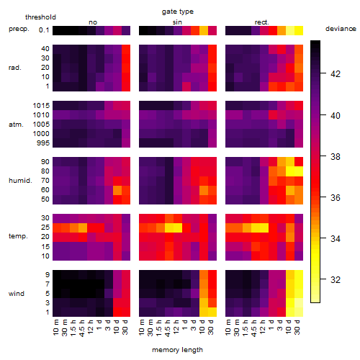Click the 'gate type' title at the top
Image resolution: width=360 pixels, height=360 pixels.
178,12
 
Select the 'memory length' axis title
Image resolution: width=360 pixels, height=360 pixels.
177,350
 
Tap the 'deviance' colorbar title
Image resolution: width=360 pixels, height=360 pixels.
341,29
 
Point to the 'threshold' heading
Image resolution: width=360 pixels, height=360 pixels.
40,17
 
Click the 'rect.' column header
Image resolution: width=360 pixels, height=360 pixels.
261,22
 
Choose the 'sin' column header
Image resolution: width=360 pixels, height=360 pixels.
177,22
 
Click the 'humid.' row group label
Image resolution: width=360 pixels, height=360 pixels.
20,181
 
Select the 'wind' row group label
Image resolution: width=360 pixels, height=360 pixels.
17,294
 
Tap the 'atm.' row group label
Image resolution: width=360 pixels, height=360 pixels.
16,125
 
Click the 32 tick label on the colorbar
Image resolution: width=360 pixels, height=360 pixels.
336,279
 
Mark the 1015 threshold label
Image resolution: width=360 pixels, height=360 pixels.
41,106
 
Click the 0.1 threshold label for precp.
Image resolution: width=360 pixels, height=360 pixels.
44,30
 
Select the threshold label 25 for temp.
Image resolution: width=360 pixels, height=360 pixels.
45,227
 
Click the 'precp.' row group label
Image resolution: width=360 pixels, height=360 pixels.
19,29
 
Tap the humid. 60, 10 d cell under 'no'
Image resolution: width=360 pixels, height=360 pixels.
117,190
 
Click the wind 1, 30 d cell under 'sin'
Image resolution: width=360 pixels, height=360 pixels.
212,312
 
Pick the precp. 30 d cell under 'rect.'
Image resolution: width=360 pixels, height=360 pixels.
299,30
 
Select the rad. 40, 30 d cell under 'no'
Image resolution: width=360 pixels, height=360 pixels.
126,49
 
